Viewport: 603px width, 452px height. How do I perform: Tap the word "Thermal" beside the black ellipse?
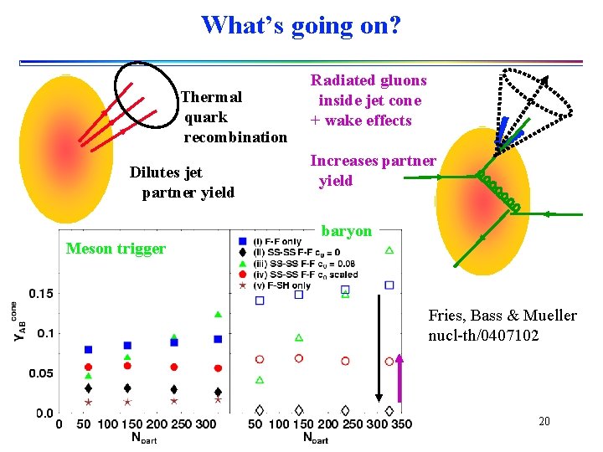click(x=212, y=97)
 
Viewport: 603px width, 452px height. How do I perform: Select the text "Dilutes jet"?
click(x=166, y=172)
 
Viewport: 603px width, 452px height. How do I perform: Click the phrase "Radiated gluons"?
click(x=368, y=80)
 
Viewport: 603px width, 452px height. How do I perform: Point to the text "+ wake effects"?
click(x=361, y=121)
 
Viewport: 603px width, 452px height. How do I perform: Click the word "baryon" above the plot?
click(x=347, y=231)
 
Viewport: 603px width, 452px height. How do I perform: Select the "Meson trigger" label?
click(x=116, y=248)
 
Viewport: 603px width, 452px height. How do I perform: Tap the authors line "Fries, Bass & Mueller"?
click(x=502, y=316)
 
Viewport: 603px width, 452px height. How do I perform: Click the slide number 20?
click(x=544, y=421)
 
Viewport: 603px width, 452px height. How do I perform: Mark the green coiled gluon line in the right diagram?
click(x=500, y=192)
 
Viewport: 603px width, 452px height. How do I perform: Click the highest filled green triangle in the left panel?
click(x=218, y=314)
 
